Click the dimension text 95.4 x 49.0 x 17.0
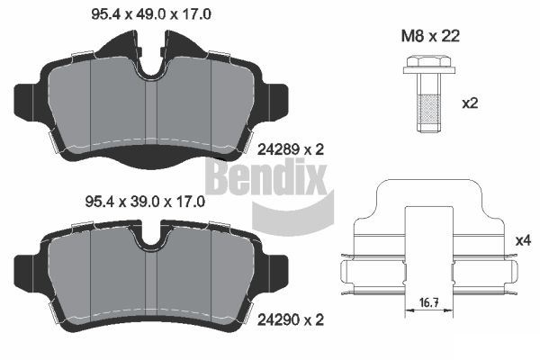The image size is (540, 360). (x=151, y=14)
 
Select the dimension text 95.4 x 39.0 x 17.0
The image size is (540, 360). (x=145, y=202)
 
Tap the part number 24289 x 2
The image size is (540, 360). (x=291, y=149)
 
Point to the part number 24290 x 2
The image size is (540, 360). (x=291, y=320)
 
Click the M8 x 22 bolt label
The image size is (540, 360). (x=430, y=36)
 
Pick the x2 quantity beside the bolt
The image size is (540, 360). (x=470, y=103)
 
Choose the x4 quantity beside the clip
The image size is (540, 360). (x=524, y=240)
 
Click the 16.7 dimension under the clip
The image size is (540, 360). (x=429, y=303)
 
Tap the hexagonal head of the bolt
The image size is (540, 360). (x=429, y=62)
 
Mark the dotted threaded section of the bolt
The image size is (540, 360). (x=428, y=108)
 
